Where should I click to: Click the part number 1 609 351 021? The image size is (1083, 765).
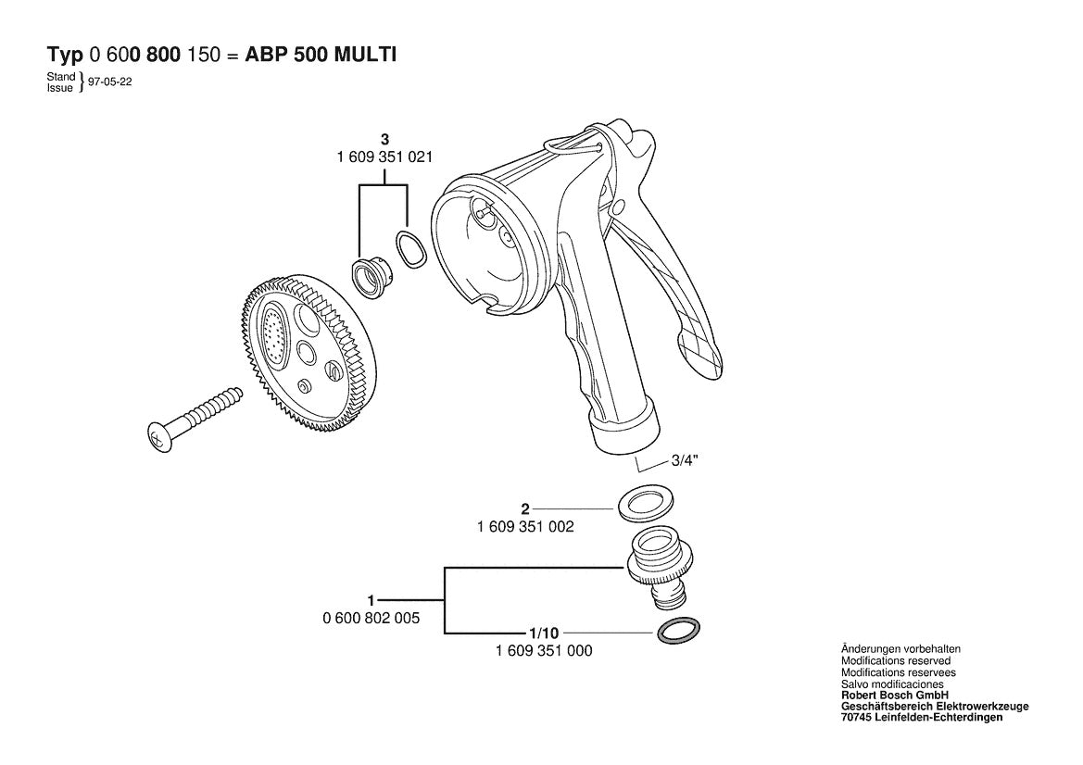click(384, 157)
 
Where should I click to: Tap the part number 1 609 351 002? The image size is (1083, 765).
click(525, 527)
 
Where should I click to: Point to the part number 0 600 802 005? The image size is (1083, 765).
click(371, 619)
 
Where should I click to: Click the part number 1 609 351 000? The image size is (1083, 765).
click(544, 651)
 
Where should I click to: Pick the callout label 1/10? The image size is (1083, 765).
click(544, 633)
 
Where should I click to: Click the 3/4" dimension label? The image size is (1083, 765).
click(685, 461)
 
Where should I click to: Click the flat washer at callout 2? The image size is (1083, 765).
click(643, 503)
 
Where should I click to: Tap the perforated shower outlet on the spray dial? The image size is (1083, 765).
click(275, 335)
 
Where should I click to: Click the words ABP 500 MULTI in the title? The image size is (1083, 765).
click(321, 56)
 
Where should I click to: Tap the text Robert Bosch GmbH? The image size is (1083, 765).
click(894, 696)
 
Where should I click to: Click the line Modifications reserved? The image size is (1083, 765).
click(895, 660)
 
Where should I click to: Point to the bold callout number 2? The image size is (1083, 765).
click(525, 509)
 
